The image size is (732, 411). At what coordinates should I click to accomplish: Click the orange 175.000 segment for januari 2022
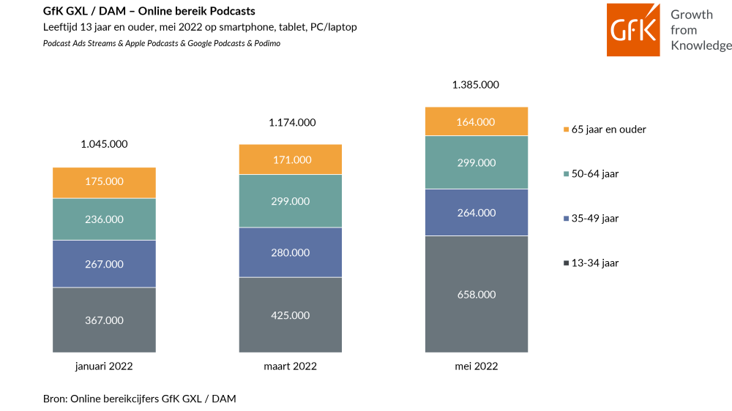(x=104, y=183)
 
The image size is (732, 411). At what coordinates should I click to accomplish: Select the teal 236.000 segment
(x=104, y=219)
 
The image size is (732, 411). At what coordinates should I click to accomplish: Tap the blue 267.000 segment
(x=104, y=264)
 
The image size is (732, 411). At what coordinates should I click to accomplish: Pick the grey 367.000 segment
(x=104, y=320)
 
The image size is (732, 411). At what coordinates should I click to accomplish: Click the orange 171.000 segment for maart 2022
(x=291, y=159)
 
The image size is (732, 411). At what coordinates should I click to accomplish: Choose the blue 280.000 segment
(x=291, y=252)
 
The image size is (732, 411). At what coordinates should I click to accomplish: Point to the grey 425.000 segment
(x=291, y=315)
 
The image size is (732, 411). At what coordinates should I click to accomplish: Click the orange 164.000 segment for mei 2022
(x=477, y=121)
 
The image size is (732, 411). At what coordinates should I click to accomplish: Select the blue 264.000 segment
(x=477, y=212)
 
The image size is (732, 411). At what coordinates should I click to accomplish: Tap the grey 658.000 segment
(x=477, y=295)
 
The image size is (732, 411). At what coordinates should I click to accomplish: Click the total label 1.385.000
(x=476, y=85)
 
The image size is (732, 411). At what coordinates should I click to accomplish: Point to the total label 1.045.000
(x=104, y=144)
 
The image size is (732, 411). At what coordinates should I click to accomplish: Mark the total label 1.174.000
(x=292, y=123)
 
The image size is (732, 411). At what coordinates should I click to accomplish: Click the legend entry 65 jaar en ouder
(x=605, y=129)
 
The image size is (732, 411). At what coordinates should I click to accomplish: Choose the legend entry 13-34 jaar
(x=591, y=263)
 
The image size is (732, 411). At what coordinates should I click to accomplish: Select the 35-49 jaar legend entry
(x=591, y=219)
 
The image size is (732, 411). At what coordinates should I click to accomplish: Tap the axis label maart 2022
(x=291, y=366)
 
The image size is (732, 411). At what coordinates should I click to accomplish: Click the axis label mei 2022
(x=477, y=366)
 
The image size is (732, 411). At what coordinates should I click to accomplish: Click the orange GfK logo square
(x=633, y=30)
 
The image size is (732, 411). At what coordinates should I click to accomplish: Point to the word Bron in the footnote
(x=54, y=399)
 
